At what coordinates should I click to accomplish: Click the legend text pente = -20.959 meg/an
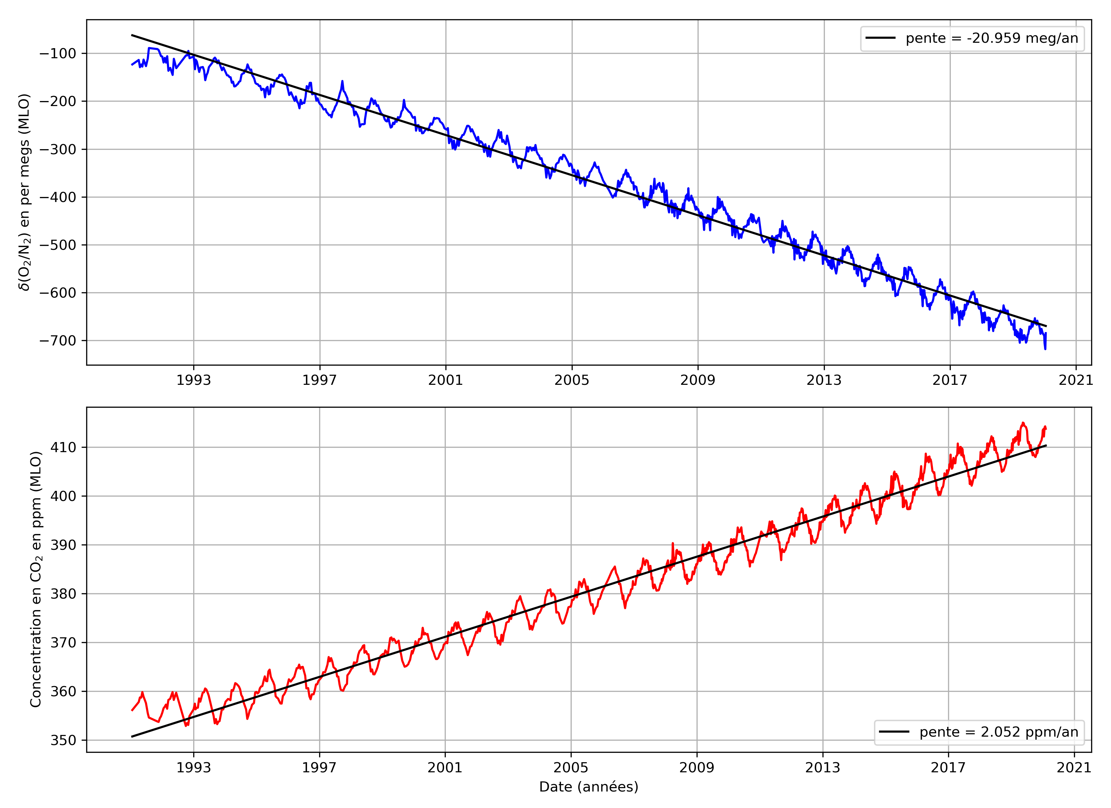tap(991, 39)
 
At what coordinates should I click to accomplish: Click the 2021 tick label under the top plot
tap(1076, 380)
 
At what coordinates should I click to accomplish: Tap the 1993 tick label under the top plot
tap(194, 380)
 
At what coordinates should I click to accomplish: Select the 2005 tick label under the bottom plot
tap(571, 767)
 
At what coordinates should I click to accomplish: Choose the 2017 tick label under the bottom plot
tap(948, 767)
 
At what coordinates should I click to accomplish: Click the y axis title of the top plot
tap(25, 192)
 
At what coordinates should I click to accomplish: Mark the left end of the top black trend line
tap(132, 35)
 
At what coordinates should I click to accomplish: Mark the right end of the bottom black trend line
tap(1046, 445)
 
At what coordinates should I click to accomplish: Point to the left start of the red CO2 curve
tap(132, 710)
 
